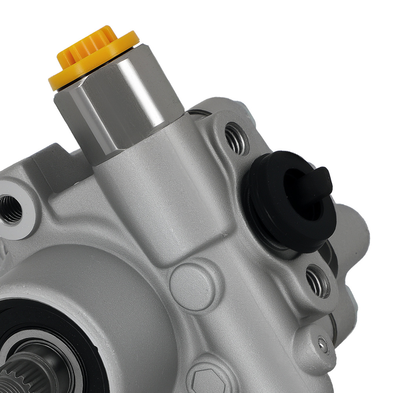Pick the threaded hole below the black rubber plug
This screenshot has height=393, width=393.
[318, 281]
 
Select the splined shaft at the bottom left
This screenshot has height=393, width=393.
[20, 373]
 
